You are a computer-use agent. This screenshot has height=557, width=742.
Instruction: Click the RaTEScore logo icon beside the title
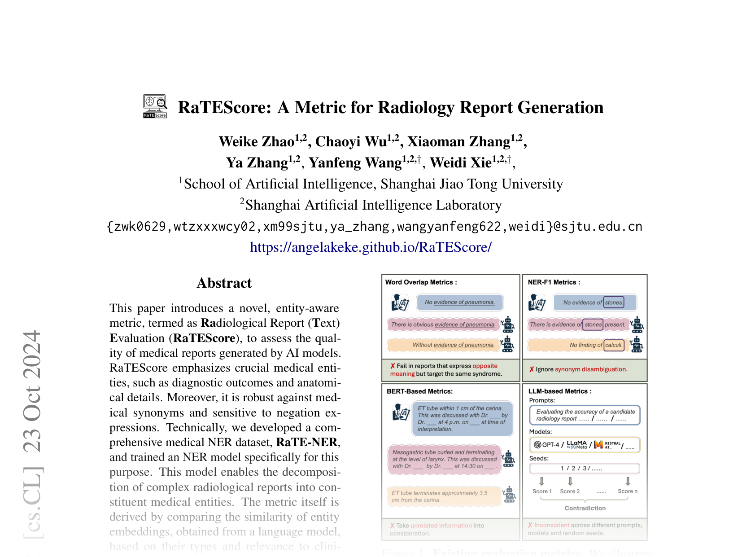(155, 106)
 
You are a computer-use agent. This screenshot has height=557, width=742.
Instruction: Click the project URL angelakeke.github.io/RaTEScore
(371, 247)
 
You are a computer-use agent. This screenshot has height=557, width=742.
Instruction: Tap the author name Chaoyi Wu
(351, 141)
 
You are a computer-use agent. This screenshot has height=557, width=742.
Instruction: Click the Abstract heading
(224, 283)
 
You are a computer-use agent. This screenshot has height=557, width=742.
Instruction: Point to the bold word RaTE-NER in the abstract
(307, 442)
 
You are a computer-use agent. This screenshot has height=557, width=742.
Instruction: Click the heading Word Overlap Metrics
(421, 282)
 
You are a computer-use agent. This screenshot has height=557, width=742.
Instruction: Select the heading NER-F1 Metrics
(554, 282)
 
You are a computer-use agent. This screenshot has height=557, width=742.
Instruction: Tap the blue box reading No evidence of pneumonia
(459, 302)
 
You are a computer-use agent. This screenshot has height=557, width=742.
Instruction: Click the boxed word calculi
(614, 345)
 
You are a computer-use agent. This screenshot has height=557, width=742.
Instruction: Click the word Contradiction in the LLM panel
(585, 508)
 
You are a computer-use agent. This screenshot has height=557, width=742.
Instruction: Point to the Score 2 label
(569, 491)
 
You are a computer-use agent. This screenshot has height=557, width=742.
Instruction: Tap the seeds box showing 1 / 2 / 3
(584, 469)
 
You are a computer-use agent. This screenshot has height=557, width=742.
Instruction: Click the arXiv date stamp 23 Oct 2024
(32, 391)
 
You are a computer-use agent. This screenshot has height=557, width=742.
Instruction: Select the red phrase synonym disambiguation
(591, 369)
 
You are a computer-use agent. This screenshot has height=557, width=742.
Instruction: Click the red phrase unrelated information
(441, 525)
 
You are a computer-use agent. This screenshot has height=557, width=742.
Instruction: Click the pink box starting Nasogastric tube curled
(444, 459)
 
